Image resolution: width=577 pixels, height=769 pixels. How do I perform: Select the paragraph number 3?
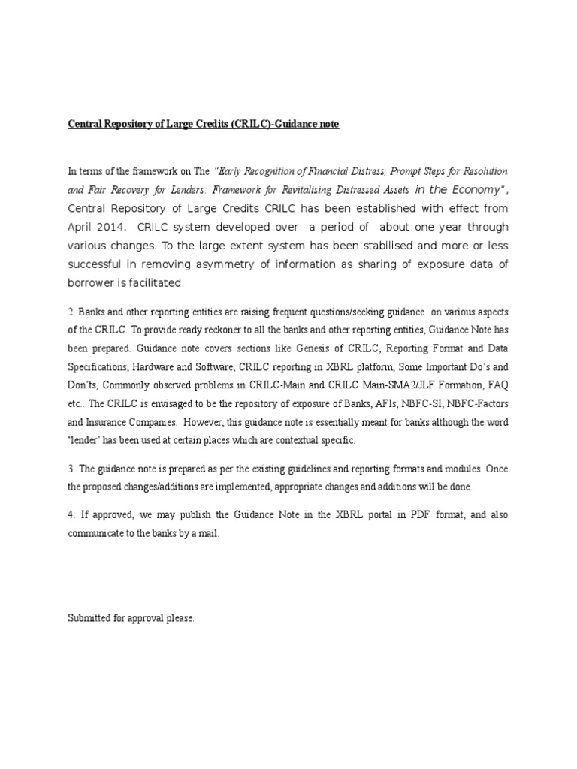pos(71,469)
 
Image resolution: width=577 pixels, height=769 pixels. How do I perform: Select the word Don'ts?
pos(82,387)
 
